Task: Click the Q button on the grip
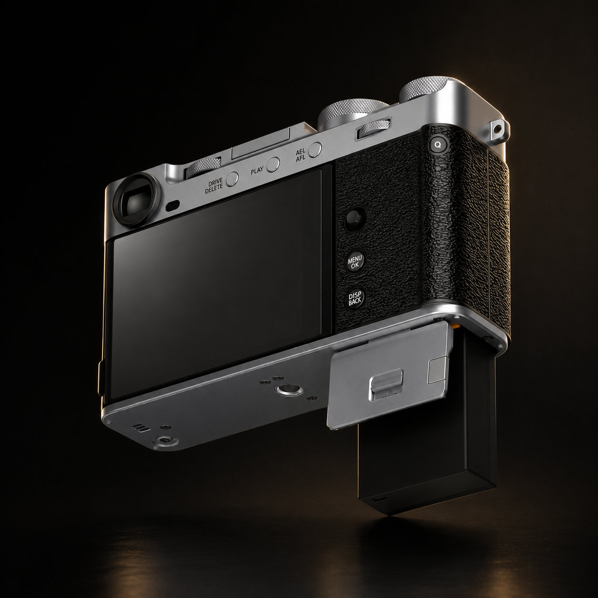(438, 144)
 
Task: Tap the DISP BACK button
(355, 298)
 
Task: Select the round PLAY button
(273, 164)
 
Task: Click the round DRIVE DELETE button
(232, 179)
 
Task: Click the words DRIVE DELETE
(214, 186)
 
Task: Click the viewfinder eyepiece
(134, 198)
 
